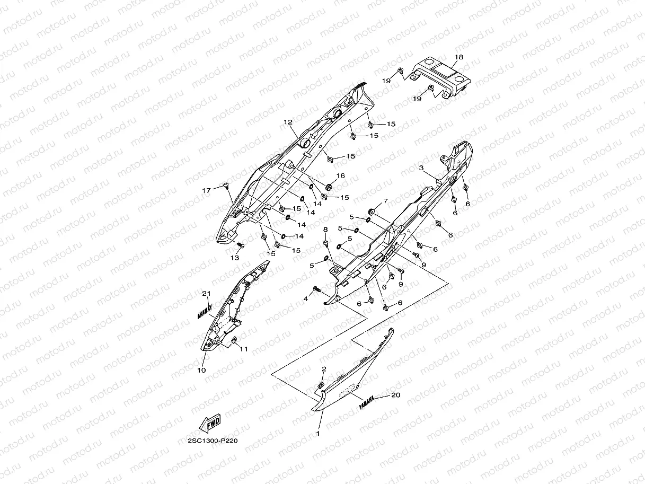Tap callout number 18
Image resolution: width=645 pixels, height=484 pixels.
coord(459,57)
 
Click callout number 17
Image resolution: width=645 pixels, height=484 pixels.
coord(206,190)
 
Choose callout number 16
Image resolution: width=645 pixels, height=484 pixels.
coord(340,175)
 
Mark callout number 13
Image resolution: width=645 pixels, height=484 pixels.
coord(234,258)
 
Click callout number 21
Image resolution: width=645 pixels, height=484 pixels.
coord(206,294)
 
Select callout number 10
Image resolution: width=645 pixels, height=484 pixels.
coord(201,370)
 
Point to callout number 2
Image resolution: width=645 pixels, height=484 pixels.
coord(324,368)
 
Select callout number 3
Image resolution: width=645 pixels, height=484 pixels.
coord(421,168)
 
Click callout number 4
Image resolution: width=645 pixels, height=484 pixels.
coord(305,299)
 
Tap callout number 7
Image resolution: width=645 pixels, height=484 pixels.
coord(385,201)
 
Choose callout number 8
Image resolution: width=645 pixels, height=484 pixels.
coord(326,229)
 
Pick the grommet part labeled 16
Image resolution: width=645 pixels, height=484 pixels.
coord(328,187)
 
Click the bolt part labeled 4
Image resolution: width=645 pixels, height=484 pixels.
coord(316,289)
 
